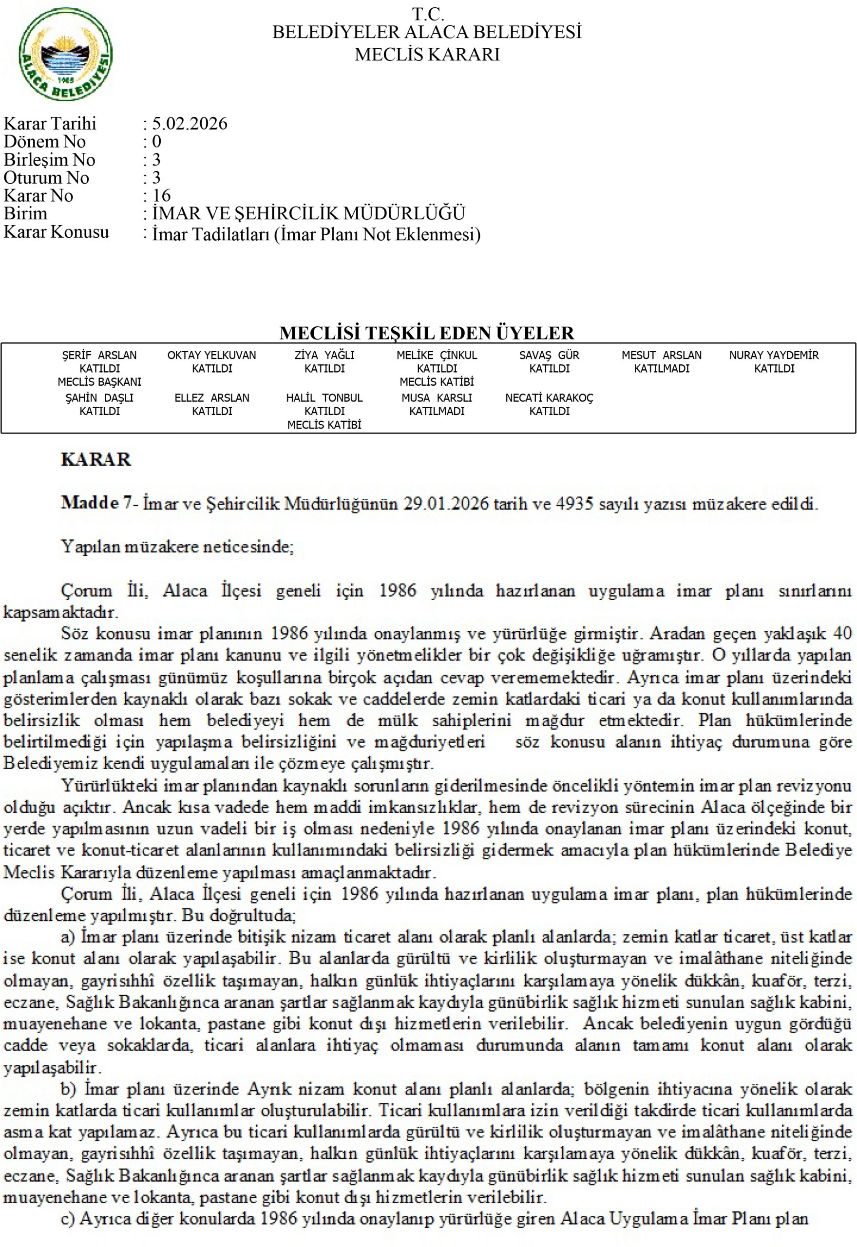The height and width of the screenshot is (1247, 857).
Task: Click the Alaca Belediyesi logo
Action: click(x=65, y=54)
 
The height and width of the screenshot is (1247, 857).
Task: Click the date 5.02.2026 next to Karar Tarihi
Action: click(x=190, y=124)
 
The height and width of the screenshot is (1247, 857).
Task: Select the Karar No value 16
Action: click(x=161, y=196)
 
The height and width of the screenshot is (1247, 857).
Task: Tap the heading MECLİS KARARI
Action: click(x=427, y=55)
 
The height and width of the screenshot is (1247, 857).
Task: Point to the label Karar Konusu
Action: click(x=57, y=232)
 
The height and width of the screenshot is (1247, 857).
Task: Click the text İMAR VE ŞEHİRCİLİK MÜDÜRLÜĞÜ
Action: click(x=308, y=214)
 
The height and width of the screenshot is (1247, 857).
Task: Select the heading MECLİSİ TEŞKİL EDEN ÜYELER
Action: click(x=427, y=333)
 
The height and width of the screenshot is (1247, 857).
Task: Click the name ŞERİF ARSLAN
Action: click(x=99, y=356)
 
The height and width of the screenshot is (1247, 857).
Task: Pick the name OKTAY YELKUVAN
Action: click(x=211, y=356)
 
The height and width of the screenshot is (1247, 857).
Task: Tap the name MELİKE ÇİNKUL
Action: click(x=437, y=356)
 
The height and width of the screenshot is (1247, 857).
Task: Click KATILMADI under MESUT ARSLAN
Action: click(x=662, y=369)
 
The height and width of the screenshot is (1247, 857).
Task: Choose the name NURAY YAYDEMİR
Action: click(x=774, y=356)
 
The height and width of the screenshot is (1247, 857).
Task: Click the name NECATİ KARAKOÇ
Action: click(x=549, y=398)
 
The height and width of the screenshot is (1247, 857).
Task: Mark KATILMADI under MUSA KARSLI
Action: click(x=437, y=412)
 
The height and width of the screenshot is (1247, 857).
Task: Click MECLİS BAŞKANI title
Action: click(x=99, y=382)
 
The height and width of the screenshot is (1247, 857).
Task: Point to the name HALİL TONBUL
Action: click(x=324, y=398)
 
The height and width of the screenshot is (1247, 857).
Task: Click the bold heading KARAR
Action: click(x=96, y=459)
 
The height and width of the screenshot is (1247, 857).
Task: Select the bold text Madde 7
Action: click(x=96, y=503)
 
